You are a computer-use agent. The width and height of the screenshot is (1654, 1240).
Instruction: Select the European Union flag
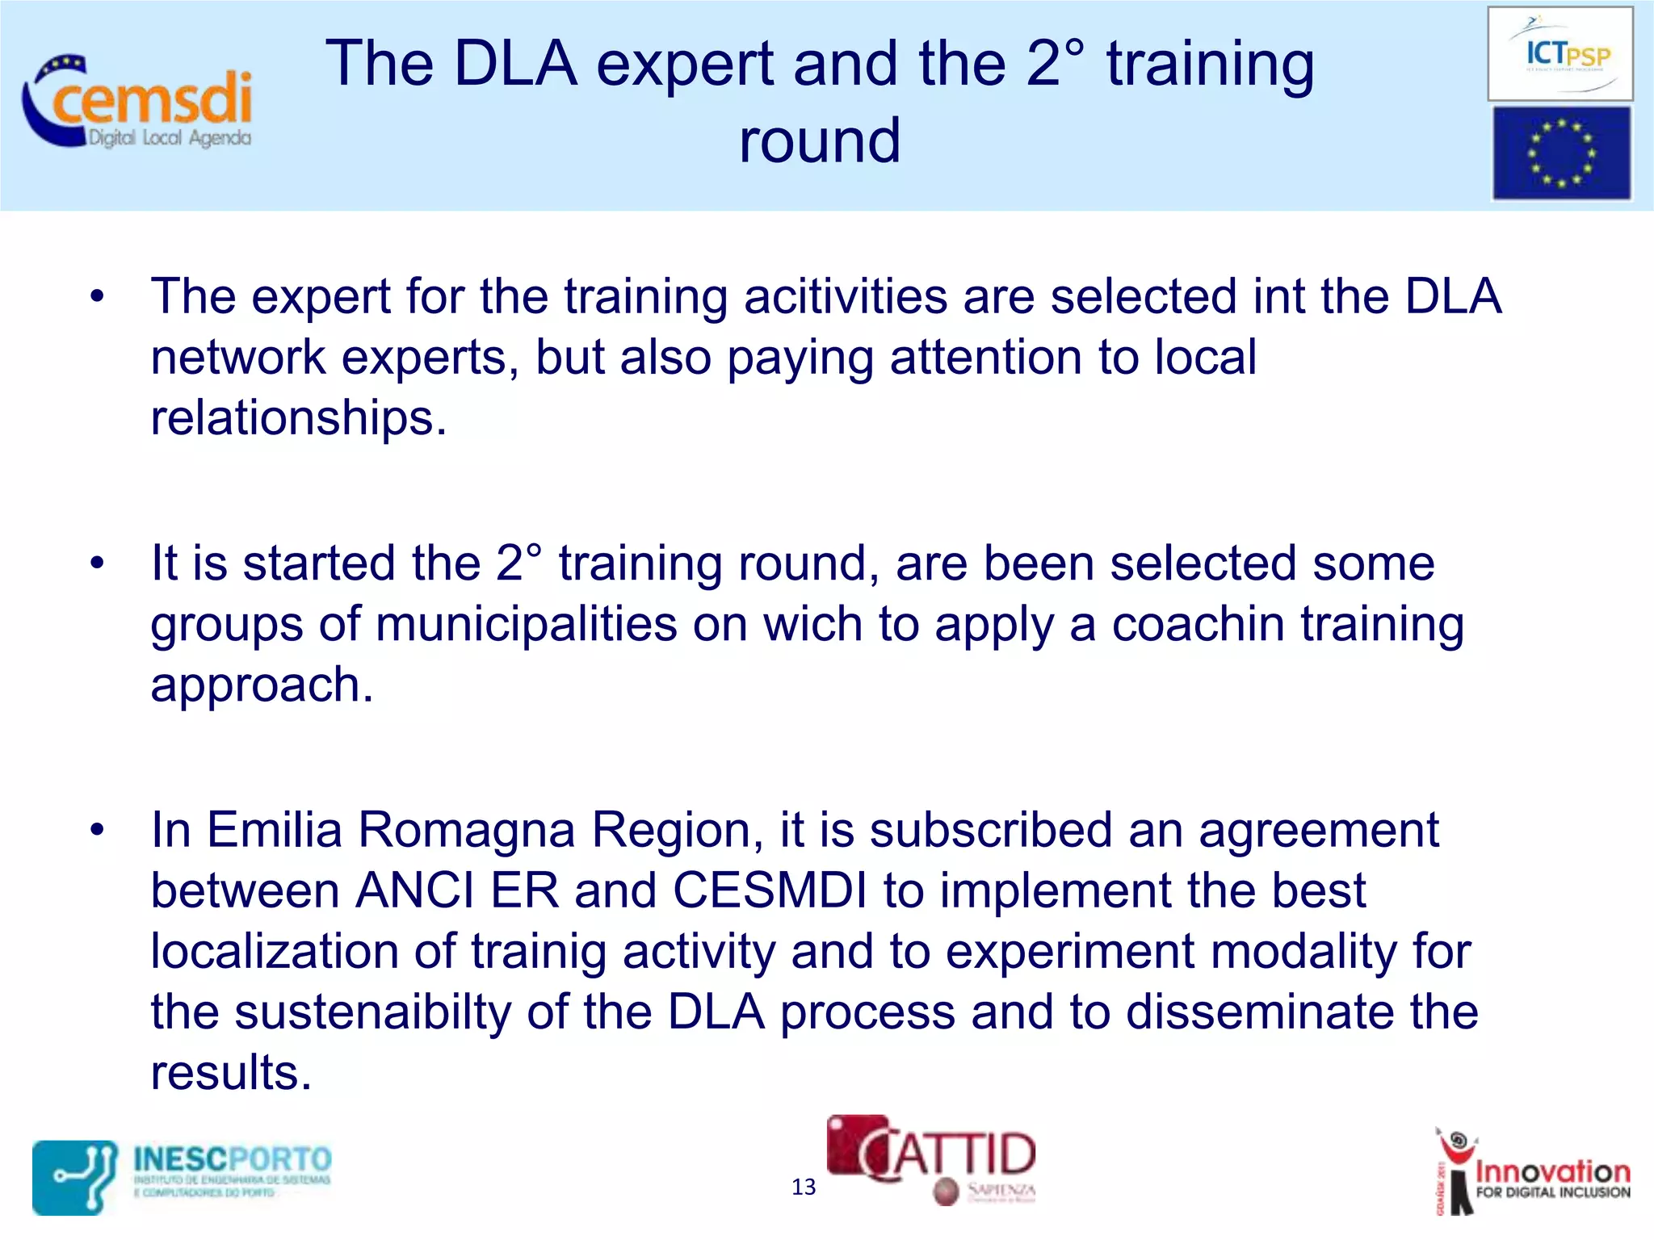point(1560,153)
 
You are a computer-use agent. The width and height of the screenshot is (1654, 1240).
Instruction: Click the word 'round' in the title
point(819,140)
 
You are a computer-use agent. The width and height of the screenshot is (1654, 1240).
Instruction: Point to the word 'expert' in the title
point(685,65)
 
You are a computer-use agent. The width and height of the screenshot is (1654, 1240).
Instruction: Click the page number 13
point(803,1187)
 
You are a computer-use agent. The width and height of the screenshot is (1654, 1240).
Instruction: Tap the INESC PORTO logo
point(183,1176)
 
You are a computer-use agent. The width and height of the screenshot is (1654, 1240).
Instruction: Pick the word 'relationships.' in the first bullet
point(298,418)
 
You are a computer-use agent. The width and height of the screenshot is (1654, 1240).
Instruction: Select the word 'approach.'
point(262,685)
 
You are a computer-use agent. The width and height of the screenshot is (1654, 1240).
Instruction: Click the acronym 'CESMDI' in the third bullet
point(770,890)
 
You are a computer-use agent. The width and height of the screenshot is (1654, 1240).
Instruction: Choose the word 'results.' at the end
point(231,1073)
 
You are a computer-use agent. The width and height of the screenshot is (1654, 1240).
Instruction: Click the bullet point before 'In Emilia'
point(98,830)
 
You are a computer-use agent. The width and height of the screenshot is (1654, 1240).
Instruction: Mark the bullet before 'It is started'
point(98,563)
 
